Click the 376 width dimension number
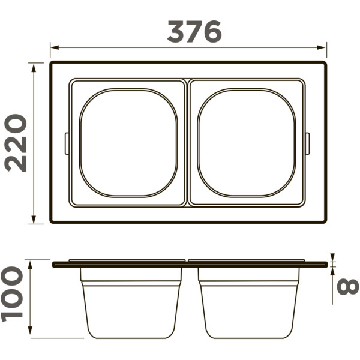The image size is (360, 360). coord(194,31)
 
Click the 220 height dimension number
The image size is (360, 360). coord(16,143)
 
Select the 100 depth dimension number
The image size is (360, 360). coord(13,294)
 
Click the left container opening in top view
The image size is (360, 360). coord(128,143)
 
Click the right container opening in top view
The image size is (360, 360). coord(247,143)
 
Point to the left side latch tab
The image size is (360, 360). coord(67,143)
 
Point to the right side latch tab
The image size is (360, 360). coord(308,143)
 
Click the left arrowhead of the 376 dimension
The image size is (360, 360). coord(53,46)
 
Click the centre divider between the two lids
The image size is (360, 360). coord(187,143)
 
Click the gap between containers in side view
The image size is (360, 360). coord(190,300)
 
